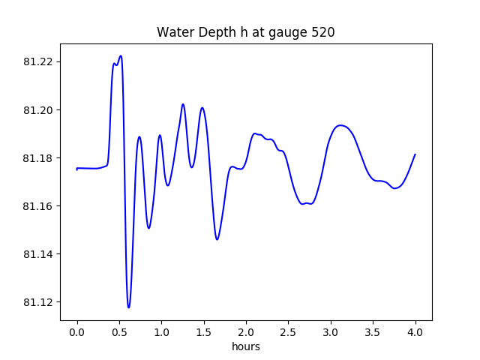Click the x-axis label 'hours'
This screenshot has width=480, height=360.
pos(246,346)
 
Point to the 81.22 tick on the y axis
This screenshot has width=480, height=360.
pos(37,62)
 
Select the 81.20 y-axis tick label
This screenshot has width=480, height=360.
pos(37,110)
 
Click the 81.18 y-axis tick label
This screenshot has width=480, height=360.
pos(37,158)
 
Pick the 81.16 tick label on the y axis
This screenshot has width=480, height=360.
pos(37,206)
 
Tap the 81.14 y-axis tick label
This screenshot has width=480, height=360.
pos(37,254)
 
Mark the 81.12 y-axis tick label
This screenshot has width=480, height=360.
pos(37,302)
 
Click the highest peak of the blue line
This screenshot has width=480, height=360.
pos(121,55)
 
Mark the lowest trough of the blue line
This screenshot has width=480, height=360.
pos(128,307)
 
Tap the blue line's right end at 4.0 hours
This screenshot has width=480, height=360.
pos(415,154)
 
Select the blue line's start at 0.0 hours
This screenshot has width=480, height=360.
pos(77,169)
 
